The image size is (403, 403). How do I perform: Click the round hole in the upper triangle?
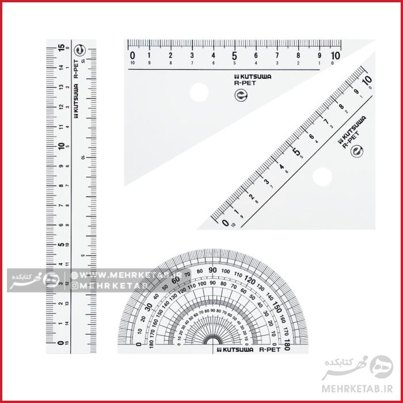199,92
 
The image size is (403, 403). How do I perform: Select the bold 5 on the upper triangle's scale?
234,56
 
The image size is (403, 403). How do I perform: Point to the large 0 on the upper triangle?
133,56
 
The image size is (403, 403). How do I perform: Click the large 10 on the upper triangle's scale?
336,56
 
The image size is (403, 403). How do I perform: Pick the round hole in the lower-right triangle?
322,176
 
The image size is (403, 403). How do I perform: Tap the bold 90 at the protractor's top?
212,270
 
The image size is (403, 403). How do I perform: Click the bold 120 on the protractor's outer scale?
249,280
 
